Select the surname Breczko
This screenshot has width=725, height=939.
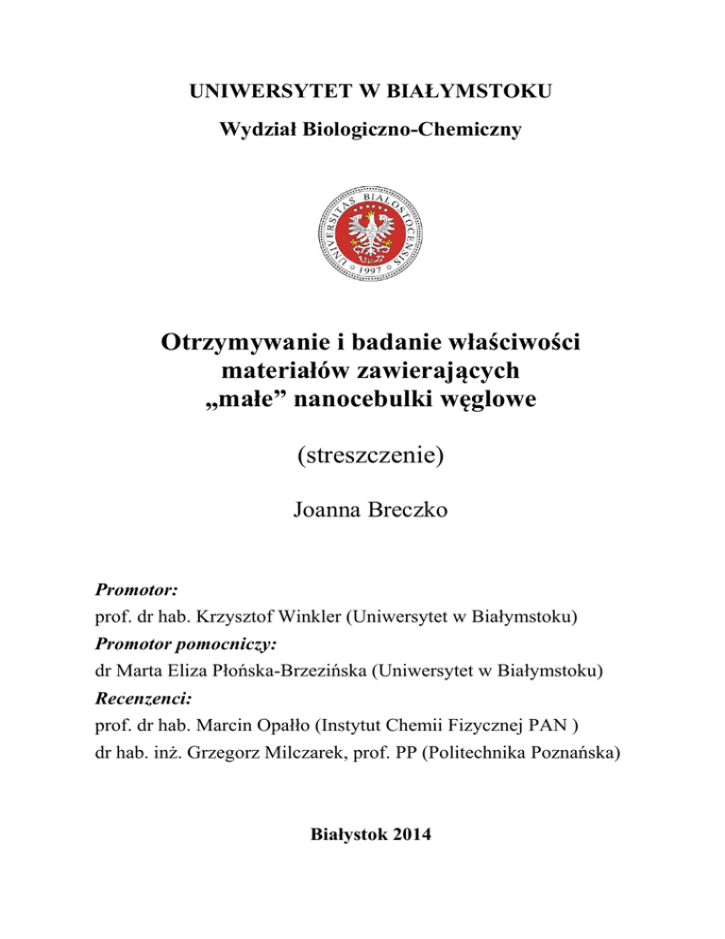pos(409,517)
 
